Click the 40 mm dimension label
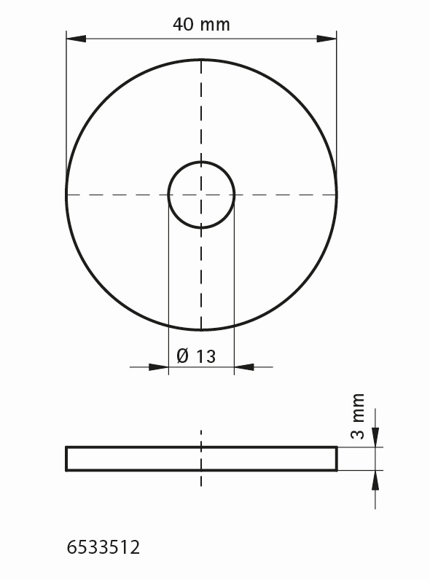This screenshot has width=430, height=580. pyautogui.click(x=201, y=25)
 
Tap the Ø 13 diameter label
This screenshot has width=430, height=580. pyautogui.click(x=196, y=356)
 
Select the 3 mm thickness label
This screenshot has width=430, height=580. pyautogui.click(x=357, y=416)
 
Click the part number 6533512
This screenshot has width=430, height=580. pyautogui.click(x=103, y=547)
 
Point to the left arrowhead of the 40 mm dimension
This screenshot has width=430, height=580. pyautogui.click(x=76, y=39)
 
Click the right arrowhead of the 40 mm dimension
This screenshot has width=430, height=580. pyautogui.click(x=327, y=39)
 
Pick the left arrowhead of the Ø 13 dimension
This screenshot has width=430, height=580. pyautogui.click(x=158, y=367)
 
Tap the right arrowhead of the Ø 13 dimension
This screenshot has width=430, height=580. pyautogui.click(x=244, y=367)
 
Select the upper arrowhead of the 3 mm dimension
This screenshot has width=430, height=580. pyautogui.click(x=375, y=437)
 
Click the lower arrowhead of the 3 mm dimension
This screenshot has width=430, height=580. pyautogui.click(x=375, y=480)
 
